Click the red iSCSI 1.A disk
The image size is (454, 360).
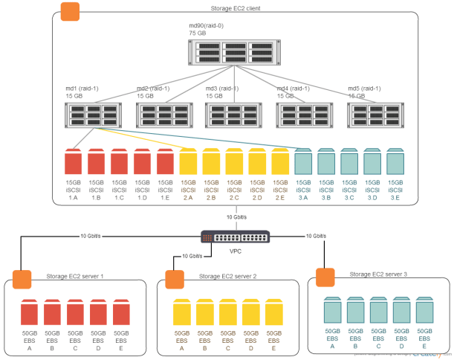[73, 161]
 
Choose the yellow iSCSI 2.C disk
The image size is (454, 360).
[234, 161]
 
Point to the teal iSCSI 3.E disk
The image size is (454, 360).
[395, 161]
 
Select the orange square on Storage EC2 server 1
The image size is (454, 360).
[22, 279]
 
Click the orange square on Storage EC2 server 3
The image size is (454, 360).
[325, 277]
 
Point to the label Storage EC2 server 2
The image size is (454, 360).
[228, 276]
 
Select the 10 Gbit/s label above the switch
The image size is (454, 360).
[236, 216]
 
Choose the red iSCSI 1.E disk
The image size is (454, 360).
[165, 161]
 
